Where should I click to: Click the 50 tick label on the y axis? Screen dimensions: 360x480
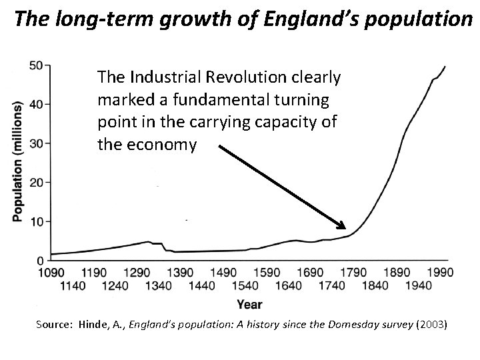(x=37, y=65)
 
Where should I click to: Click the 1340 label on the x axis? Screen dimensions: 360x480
(x=157, y=286)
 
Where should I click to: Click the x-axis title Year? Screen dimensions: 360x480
(x=249, y=305)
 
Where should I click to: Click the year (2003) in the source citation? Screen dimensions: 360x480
(x=435, y=326)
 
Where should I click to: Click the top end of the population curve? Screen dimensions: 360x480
(x=445, y=67)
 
